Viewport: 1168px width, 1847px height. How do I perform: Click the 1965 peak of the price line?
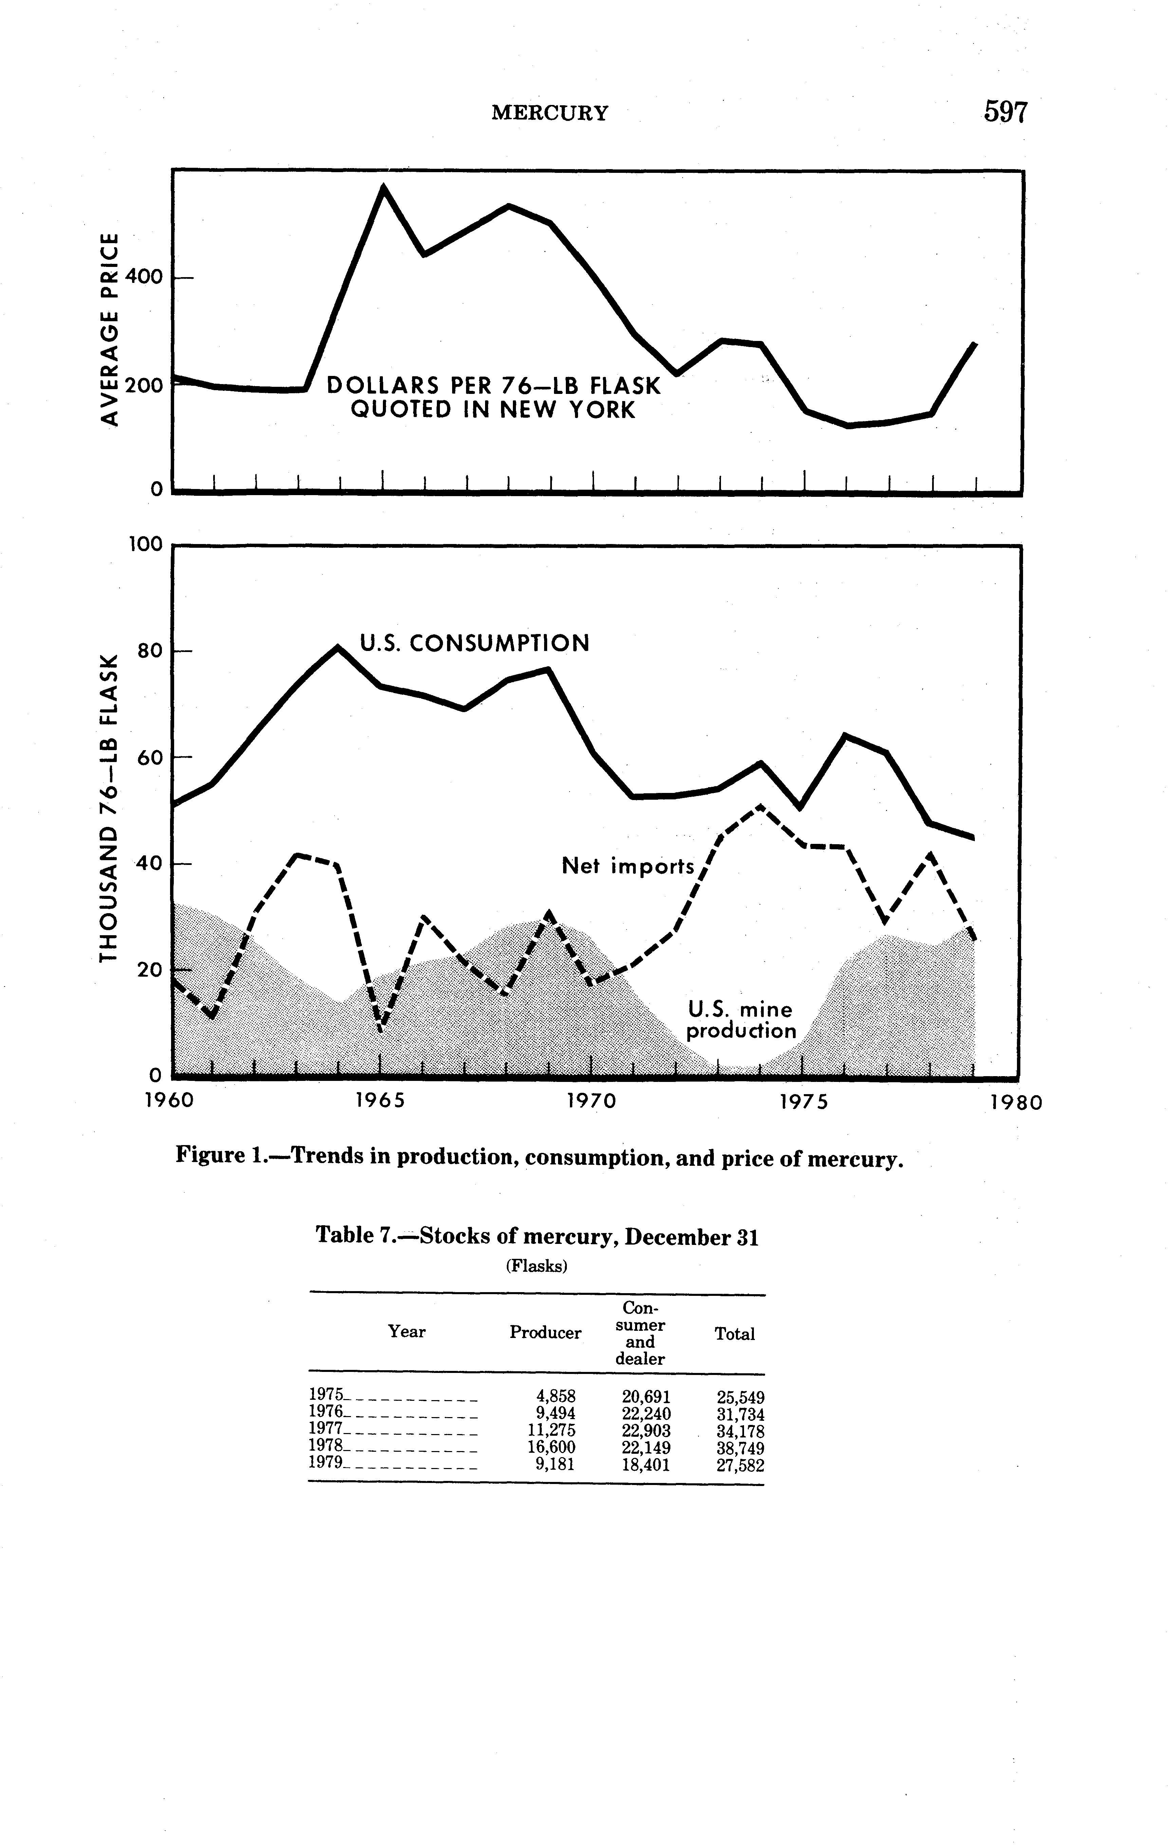pos(384,188)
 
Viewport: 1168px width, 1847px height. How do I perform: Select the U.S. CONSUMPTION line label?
pos(475,643)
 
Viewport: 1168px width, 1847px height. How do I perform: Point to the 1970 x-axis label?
pos(591,1102)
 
